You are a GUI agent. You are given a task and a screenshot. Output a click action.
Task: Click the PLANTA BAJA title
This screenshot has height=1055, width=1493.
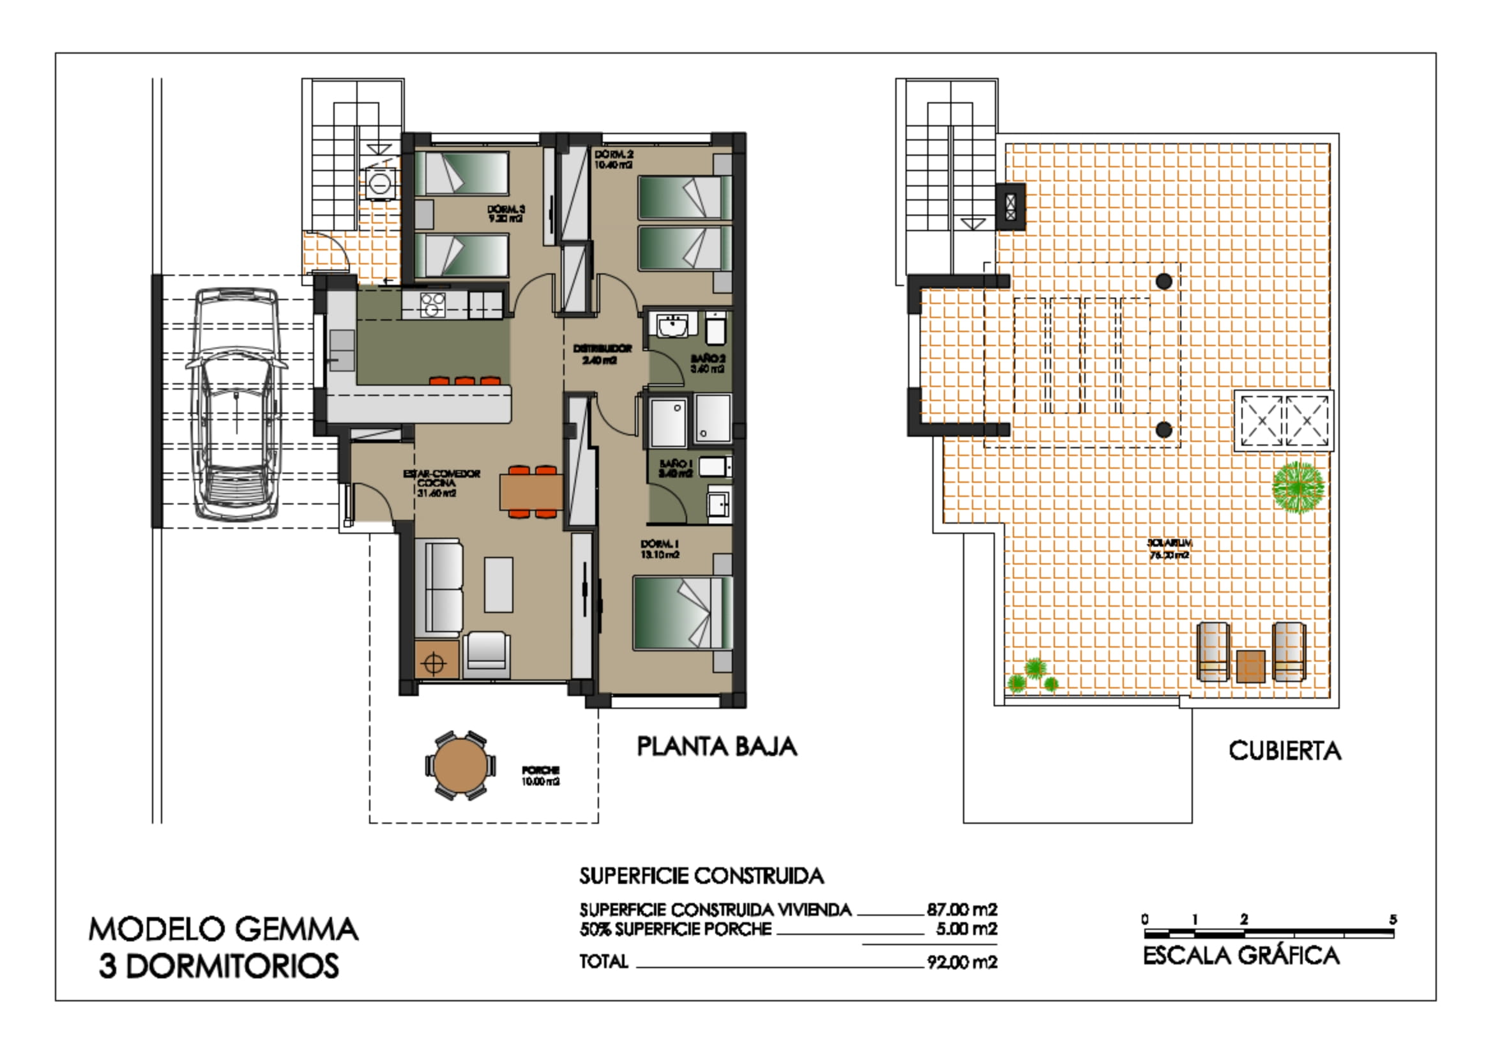[x=716, y=747]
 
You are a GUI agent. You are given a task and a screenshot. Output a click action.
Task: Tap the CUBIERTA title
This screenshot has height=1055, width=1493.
[x=1284, y=751]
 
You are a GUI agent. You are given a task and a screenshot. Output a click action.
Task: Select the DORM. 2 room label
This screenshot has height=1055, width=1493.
[x=613, y=160]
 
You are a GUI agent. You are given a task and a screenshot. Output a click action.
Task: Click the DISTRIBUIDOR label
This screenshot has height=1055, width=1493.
[x=602, y=354]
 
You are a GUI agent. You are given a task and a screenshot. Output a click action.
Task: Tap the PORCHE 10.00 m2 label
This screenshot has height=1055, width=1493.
[x=540, y=776]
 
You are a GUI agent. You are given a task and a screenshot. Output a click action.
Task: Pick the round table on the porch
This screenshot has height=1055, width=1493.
[x=460, y=766]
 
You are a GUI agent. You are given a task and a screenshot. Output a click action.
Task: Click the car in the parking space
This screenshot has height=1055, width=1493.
[x=237, y=403]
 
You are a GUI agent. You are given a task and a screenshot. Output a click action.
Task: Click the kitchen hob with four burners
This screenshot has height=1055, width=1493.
[x=432, y=305]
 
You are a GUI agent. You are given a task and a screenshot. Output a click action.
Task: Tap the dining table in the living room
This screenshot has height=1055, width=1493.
[x=531, y=492]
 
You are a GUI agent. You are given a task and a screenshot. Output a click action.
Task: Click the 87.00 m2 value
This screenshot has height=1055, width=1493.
[x=962, y=909]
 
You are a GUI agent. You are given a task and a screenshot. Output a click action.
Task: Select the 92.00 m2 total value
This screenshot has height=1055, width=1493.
[x=962, y=962]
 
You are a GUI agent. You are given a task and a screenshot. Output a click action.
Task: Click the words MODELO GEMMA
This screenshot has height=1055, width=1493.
[x=223, y=929]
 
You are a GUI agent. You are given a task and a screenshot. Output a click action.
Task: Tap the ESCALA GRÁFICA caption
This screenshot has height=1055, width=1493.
[x=1241, y=956]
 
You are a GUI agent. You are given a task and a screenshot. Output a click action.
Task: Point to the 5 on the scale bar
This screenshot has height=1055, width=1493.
[x=1393, y=920]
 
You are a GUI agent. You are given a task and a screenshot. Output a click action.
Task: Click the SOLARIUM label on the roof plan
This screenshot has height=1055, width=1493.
[x=1169, y=549]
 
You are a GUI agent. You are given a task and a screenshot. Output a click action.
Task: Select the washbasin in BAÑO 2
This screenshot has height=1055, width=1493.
[x=672, y=325]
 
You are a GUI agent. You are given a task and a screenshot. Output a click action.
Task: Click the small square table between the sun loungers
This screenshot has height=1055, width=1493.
[x=1250, y=665]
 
